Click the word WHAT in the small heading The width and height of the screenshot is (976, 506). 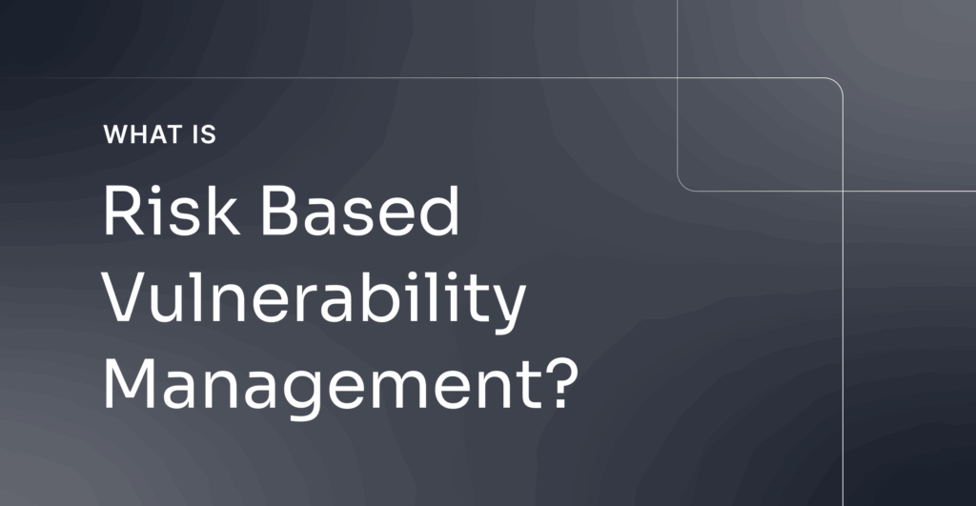tap(143, 134)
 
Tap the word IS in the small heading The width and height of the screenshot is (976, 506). tap(204, 134)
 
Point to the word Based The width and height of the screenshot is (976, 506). tap(359, 211)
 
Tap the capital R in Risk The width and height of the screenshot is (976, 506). tap(123, 210)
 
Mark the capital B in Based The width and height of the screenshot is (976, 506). tap(281, 210)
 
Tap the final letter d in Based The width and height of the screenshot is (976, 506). tap(439, 211)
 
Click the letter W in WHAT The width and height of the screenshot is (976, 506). tap(116, 134)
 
